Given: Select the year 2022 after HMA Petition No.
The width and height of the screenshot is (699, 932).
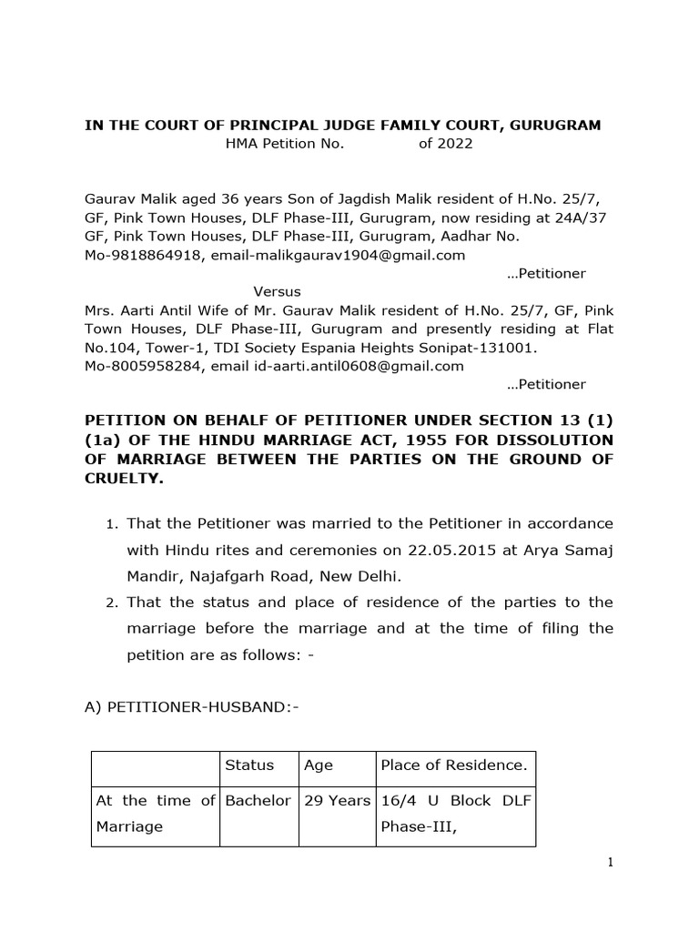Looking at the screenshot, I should pos(445,144).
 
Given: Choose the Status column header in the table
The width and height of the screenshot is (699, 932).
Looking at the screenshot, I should pos(248,765).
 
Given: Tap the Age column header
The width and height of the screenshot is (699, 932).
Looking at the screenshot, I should pos(319,765).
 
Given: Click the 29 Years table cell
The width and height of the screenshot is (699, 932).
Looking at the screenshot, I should pos(337,800).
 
